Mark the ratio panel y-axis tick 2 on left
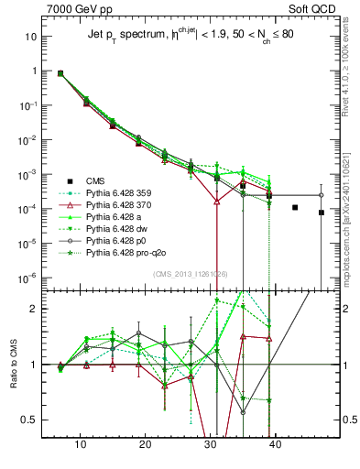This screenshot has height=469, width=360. point(34,308)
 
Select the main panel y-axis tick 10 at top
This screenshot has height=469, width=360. point(30,37)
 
